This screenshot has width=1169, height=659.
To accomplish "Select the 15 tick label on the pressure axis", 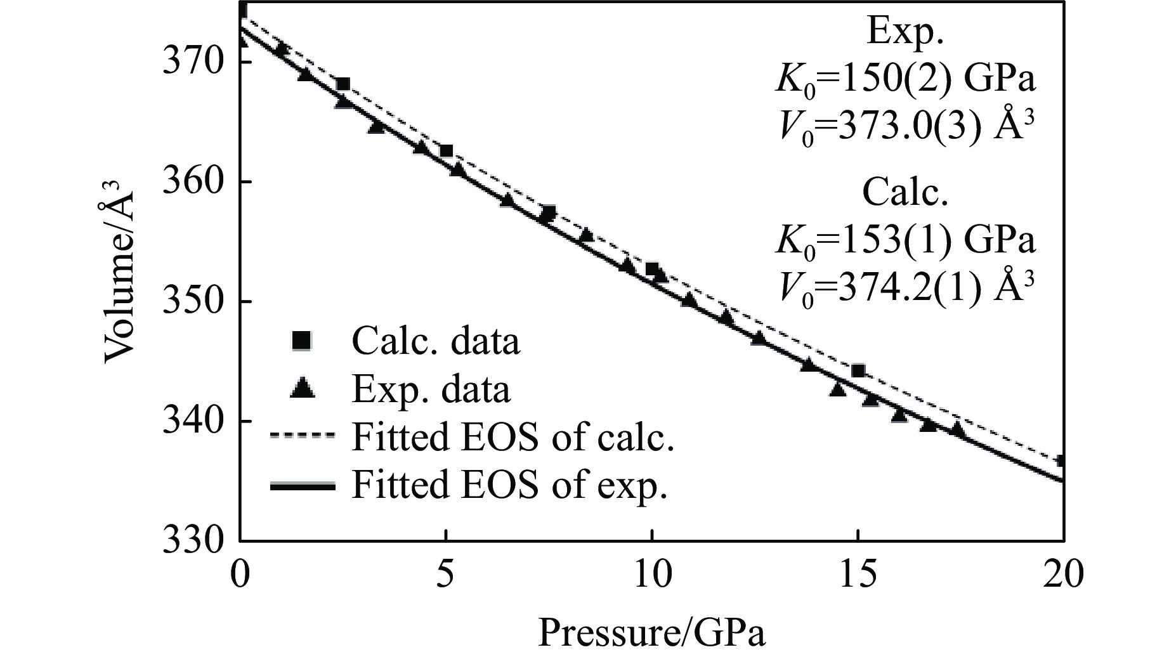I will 858,576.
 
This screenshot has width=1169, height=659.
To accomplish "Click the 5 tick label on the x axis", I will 446,576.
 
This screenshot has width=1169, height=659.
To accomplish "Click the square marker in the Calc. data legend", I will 301,341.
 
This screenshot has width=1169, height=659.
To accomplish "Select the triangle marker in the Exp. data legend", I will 301,388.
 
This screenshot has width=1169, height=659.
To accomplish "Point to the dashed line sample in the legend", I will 302,436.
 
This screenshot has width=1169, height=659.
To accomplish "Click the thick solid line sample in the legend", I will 302,486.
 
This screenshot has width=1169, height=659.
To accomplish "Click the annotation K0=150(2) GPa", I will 905,79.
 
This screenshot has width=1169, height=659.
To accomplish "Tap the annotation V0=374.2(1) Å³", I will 905,289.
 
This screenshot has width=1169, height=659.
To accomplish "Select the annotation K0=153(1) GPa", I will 905,240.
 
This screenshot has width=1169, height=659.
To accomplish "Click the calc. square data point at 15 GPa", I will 858,370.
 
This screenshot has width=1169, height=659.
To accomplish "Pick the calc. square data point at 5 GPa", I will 446,151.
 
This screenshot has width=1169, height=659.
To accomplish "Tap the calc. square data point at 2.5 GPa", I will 343,84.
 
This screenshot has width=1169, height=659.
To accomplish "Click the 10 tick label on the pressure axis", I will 652,576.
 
